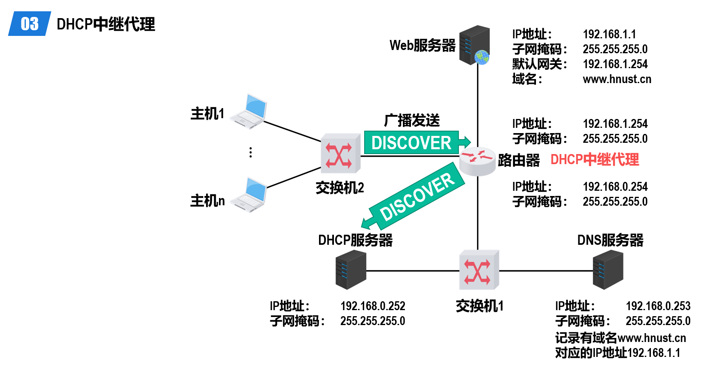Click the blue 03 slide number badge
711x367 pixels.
point(30,24)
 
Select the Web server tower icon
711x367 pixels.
point(475,45)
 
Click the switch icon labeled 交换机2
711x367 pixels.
point(341,154)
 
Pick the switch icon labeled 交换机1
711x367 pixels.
point(479,270)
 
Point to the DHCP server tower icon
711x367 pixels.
point(351,270)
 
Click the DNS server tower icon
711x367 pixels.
point(608,270)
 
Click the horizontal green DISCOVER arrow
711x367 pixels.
point(417,142)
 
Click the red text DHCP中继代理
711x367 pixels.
point(595,160)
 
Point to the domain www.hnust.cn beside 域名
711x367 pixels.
point(617,79)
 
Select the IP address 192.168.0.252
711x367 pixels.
point(373,306)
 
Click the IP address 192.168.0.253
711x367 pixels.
point(658,306)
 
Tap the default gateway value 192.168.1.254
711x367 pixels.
point(615,64)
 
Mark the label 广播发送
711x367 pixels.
point(412,120)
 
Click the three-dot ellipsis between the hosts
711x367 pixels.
point(251,152)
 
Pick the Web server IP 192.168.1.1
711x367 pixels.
point(609,34)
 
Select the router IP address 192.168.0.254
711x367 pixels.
point(615,187)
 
